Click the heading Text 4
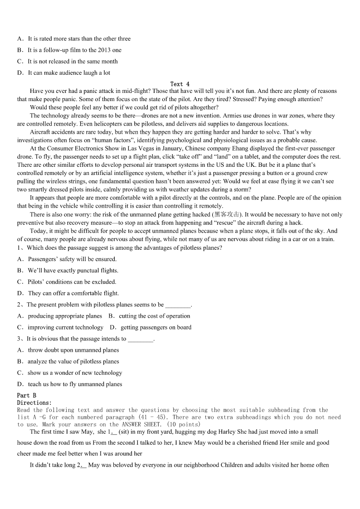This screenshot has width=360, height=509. (180, 84)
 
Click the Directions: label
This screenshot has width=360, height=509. (34, 402)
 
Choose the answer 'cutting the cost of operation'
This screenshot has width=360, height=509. (154, 316)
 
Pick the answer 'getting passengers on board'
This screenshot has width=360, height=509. (156, 327)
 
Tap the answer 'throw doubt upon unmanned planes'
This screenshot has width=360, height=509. (73, 350)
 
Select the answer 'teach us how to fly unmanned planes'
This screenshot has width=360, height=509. (75, 384)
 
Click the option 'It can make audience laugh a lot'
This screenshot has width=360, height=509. (69, 73)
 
